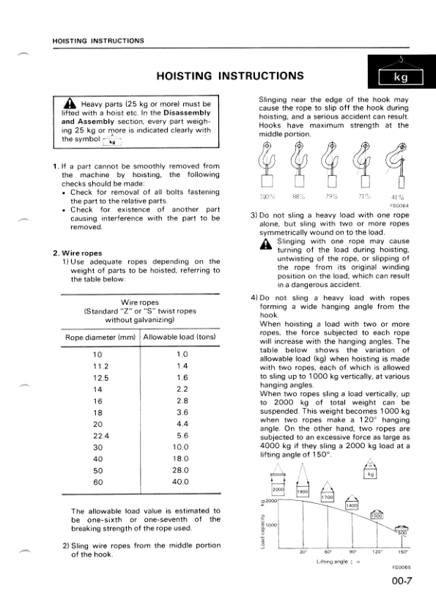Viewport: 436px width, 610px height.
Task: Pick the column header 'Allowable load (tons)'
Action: (x=180, y=337)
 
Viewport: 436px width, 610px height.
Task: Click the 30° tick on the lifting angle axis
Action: (x=303, y=551)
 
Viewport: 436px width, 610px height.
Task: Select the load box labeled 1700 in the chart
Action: (x=328, y=498)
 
